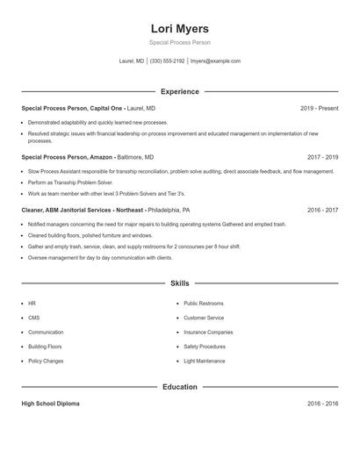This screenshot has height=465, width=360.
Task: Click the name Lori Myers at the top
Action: pos(179,28)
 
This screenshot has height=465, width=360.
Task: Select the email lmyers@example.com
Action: pos(215,61)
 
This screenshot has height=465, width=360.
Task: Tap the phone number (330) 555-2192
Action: pos(167,61)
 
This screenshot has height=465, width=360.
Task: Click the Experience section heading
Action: pos(179,91)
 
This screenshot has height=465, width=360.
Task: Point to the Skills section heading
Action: pos(179,283)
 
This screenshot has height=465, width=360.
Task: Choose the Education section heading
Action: pos(179,387)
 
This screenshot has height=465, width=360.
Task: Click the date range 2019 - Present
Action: pos(319,108)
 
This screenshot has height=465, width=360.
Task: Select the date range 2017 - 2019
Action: pos(322,158)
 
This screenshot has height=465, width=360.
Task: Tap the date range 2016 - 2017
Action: pos(322,211)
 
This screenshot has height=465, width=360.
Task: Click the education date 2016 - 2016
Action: pos(322,404)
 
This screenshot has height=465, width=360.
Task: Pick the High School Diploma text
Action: pos(50,404)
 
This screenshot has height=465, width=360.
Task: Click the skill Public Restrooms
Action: pos(203,303)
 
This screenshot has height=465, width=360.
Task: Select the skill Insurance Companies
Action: pos(208,333)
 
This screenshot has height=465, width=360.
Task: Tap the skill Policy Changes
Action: pos(46,361)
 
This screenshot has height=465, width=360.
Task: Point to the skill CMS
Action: pos(33,318)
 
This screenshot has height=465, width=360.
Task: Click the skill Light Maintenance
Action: pos(205,361)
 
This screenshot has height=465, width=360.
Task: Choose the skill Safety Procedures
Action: pos(205,347)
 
